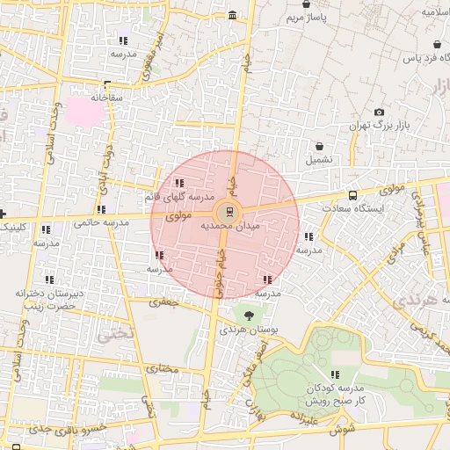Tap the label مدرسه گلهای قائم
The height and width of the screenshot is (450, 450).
181,198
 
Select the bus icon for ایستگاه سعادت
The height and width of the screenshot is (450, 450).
352,195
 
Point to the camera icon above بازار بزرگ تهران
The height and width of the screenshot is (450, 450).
379,112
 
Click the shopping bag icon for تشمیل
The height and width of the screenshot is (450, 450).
318,146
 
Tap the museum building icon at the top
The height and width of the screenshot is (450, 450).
231,16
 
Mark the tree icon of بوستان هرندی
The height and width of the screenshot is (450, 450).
250,315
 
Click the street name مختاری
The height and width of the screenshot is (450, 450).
161,368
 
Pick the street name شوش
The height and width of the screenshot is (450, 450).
343,432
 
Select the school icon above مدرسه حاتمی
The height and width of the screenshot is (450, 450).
102,210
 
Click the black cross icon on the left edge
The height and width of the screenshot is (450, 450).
4,214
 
